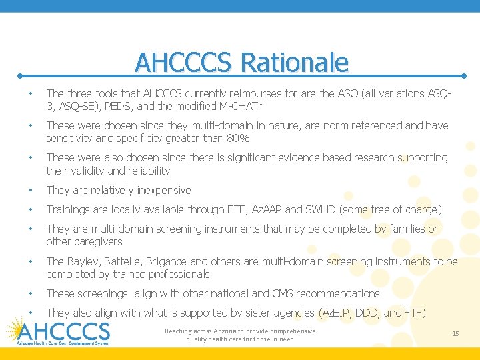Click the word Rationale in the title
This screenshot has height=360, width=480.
point(294,63)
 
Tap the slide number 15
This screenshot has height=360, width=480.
point(455,333)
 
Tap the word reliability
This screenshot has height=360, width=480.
point(147,171)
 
